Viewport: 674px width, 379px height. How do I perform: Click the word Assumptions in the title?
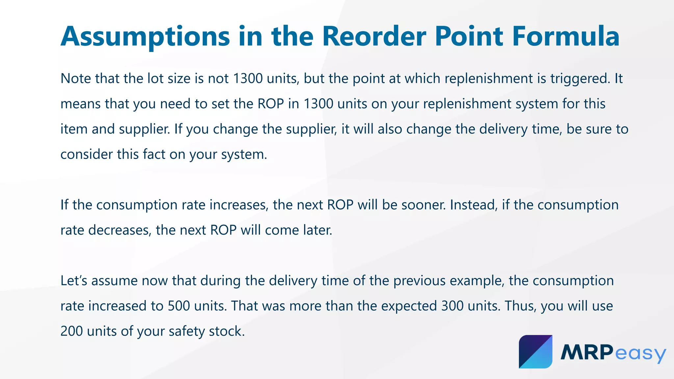pos(145,37)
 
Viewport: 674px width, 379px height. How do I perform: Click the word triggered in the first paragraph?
pos(580,79)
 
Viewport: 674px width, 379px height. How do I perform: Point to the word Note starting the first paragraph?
pos(75,79)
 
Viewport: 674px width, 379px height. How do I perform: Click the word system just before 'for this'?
pos(537,104)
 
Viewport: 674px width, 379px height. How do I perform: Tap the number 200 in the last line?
pos(71,331)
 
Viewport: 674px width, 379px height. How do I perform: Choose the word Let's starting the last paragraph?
pos(74,281)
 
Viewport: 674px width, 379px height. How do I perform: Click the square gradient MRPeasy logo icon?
pos(535,352)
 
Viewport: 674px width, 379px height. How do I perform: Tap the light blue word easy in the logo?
pos(640,354)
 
